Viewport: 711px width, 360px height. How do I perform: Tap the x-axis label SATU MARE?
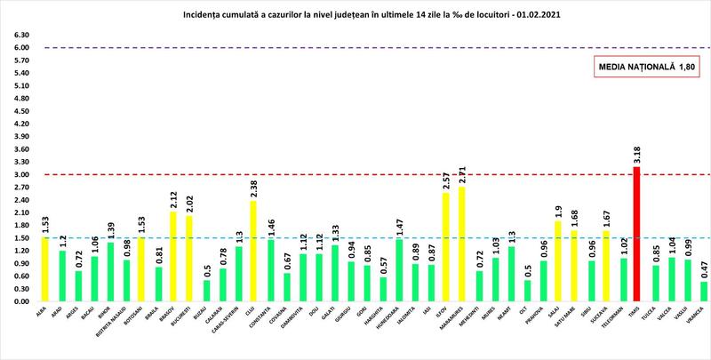[x=573, y=322]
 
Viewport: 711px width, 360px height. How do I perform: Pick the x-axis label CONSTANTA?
[x=270, y=322]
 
